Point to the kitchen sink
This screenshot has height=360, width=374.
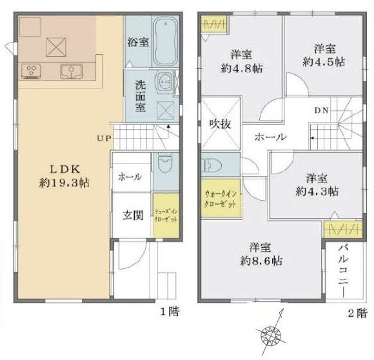pyautogui.click(x=70, y=71)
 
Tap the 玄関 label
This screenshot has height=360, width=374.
pyautogui.click(x=133, y=215)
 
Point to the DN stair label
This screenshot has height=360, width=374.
pyautogui.click(x=322, y=110)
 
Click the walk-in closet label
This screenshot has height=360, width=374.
pyautogui.click(x=221, y=197)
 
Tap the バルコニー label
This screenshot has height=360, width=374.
pyautogui.click(x=343, y=271)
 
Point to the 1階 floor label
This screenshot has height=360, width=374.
pyautogui.click(x=170, y=312)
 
